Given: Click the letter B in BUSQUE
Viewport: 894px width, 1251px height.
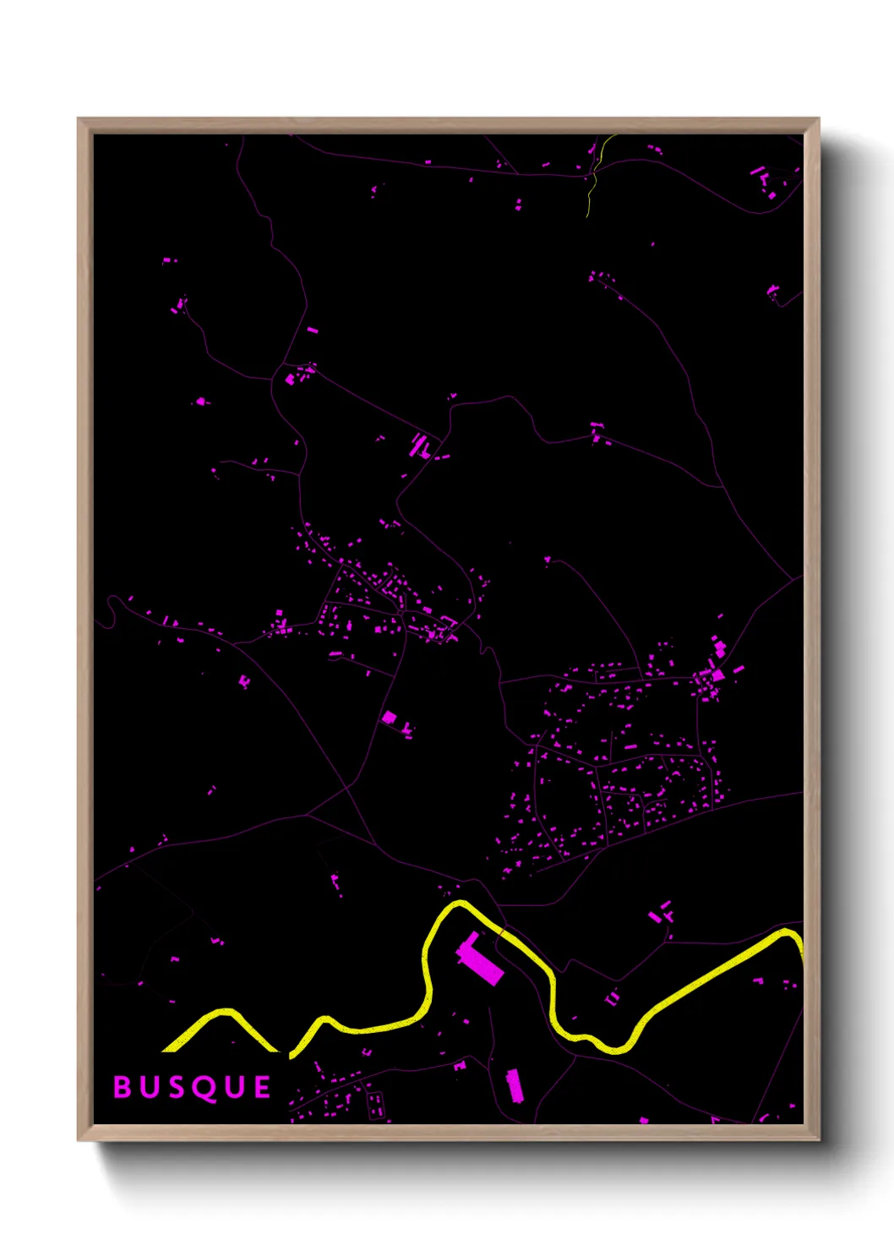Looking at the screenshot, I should tap(123, 1087).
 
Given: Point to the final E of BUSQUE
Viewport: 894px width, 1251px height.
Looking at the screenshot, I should tap(261, 1087).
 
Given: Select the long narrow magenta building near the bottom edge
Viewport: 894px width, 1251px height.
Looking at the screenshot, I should tap(514, 1085).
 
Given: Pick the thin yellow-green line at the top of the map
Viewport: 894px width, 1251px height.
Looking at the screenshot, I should tap(592, 186).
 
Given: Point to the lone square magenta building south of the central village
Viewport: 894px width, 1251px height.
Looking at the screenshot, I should tap(389, 718).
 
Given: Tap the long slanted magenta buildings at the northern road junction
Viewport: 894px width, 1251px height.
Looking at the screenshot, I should tap(419, 445).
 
